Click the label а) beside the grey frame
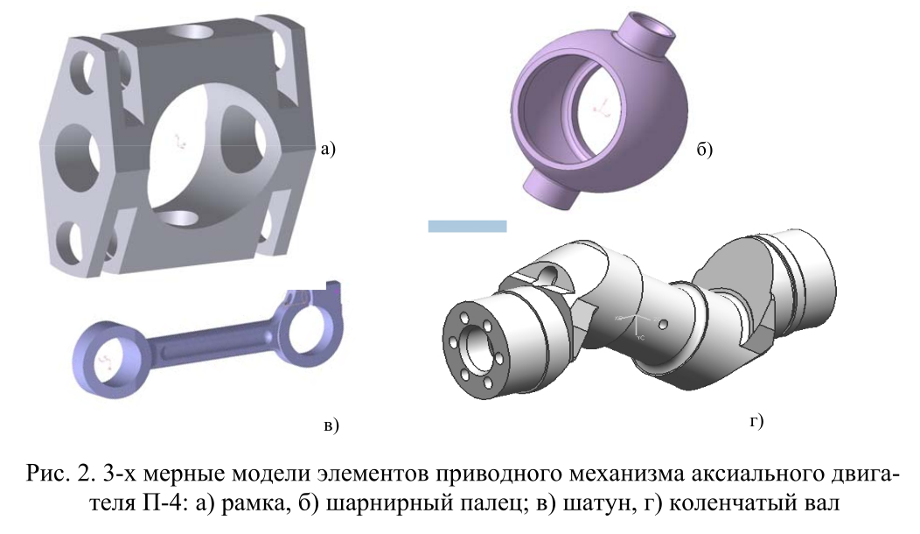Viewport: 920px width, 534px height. coord(329,149)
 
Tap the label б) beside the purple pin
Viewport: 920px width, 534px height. coord(705,150)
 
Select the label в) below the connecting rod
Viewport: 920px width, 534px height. coord(331,425)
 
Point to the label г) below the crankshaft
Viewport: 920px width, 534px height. coord(756,420)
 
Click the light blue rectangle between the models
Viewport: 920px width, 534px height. coord(467,226)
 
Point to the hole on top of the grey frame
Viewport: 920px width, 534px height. coord(192,32)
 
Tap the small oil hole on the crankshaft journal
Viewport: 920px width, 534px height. coord(663,324)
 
